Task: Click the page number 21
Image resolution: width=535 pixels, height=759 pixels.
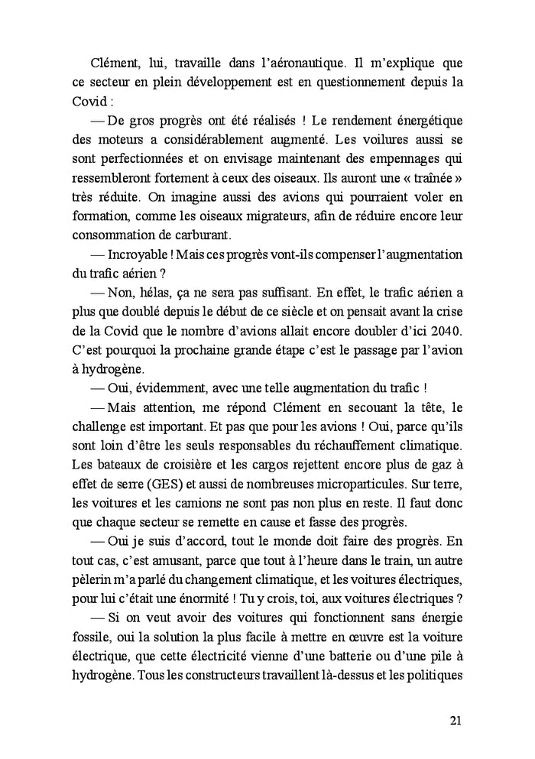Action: pos(456,721)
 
